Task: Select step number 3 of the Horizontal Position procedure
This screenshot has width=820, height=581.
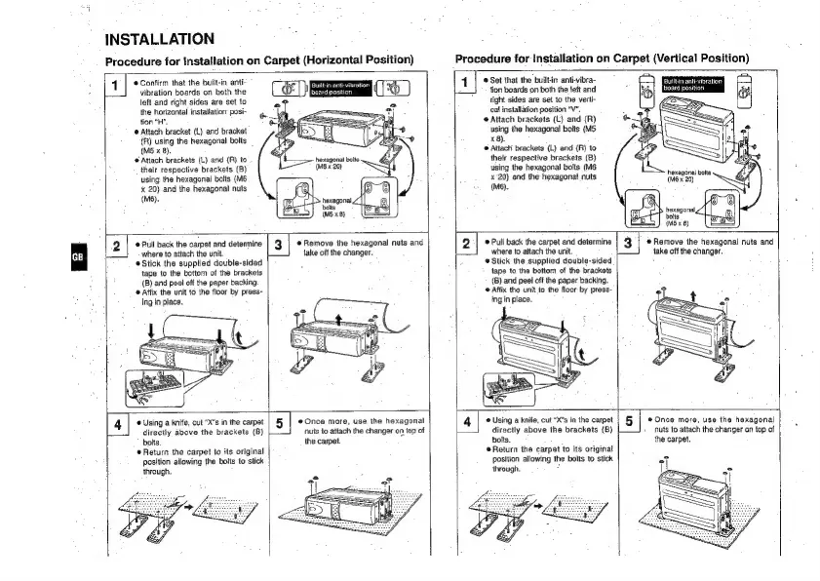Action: (x=278, y=244)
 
